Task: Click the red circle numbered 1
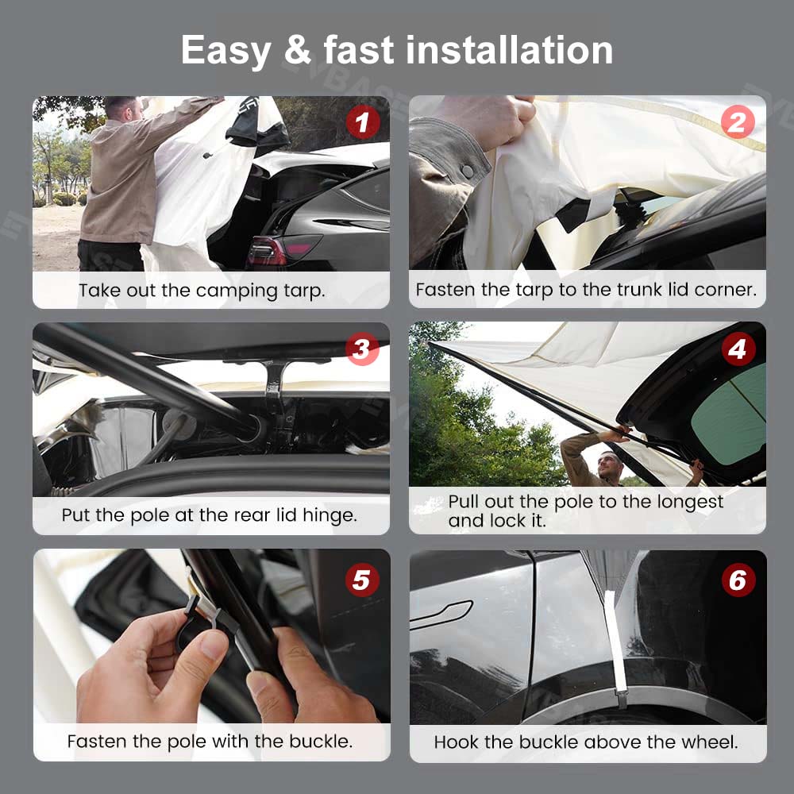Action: click(x=363, y=122)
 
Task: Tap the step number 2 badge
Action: click(x=738, y=122)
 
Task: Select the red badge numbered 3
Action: click(x=362, y=349)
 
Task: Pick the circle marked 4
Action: click(x=738, y=349)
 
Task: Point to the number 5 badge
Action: click(x=362, y=580)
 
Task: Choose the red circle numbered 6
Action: click(x=738, y=580)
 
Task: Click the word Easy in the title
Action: click(x=225, y=51)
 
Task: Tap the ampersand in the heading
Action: click(x=298, y=50)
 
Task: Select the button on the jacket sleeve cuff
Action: click(x=467, y=172)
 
